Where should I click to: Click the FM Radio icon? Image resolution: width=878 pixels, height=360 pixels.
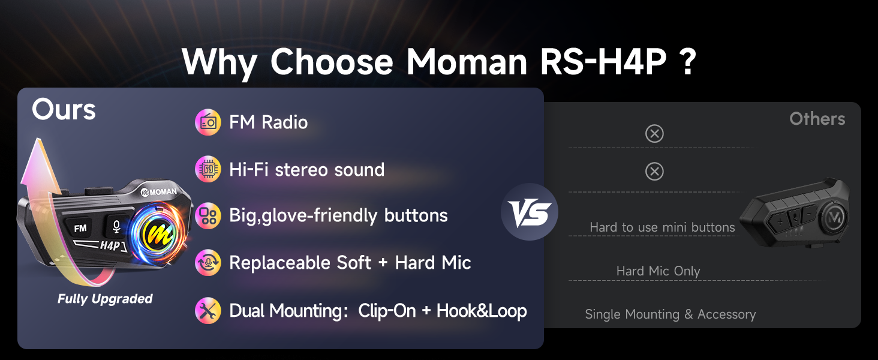pos(208,122)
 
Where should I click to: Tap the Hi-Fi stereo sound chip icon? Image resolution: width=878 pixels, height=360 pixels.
pos(208,169)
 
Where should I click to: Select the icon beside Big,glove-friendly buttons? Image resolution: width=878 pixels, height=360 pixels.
pos(208,215)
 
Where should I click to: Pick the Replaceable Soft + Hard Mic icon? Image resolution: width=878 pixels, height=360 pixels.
pos(208,263)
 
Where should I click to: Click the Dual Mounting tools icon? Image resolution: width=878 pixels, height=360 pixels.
pos(208,311)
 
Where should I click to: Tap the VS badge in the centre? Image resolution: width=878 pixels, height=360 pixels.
pos(530,212)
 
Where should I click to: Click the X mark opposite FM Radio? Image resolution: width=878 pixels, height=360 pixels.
pos(654,134)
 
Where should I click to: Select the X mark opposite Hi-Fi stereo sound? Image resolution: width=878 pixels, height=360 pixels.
pos(654,172)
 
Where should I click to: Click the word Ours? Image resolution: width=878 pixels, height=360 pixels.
pos(64,109)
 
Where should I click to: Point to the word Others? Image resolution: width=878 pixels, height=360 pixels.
pos(817,119)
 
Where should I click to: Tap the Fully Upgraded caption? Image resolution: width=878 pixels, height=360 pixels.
pos(105,299)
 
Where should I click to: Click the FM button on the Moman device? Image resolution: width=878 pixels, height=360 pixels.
pos(80,228)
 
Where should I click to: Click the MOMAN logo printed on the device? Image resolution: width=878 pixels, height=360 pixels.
pos(159,192)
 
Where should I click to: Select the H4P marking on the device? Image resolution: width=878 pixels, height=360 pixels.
pos(110,246)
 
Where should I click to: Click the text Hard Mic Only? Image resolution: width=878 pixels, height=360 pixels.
pos(658,271)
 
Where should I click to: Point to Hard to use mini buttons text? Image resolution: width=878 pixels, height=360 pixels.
pos(662,227)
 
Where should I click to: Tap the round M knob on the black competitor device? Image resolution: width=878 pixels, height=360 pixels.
pos(834,217)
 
